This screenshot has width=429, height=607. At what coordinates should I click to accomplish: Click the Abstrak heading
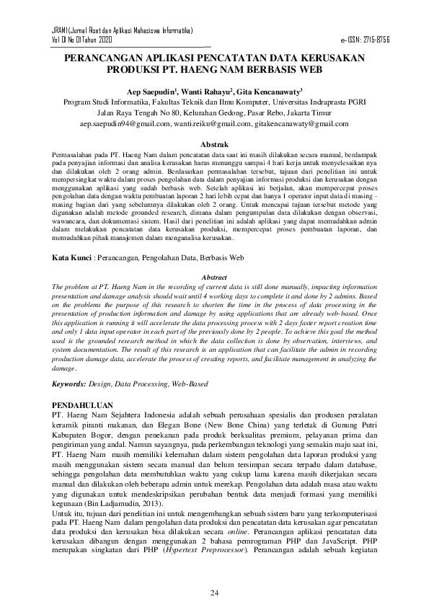(213, 144)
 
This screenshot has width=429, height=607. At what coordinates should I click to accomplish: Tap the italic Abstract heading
(214, 277)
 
